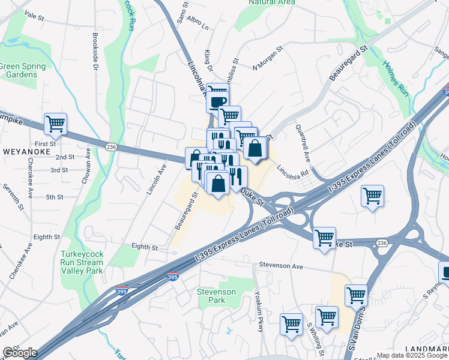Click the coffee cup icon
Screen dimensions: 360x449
coord(217,101)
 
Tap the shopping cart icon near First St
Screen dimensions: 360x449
coord(55,124)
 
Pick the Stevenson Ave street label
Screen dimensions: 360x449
coord(282,265)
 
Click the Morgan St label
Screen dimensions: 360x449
coord(268,59)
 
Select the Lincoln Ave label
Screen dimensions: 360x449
coord(155,181)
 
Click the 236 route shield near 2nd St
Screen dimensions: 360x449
coord(111,147)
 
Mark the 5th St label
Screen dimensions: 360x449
coord(55,197)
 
